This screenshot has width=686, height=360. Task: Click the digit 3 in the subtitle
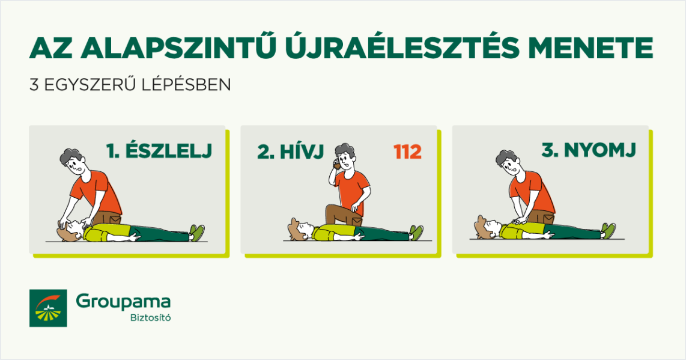pos(34,85)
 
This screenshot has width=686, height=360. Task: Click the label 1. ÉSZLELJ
pos(159,150)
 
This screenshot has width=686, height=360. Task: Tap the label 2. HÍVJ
pos(291,151)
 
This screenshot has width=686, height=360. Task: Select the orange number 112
pos(407,152)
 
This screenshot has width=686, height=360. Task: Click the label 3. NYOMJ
pos(589,150)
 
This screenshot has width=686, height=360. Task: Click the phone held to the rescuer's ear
pos(336,165)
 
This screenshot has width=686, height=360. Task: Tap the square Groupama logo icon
pos(48,308)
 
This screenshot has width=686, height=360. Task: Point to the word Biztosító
pos(151,317)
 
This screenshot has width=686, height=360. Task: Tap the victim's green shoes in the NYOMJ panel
pos(608,230)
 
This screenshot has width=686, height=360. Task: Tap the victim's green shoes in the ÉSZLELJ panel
pos(197,232)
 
